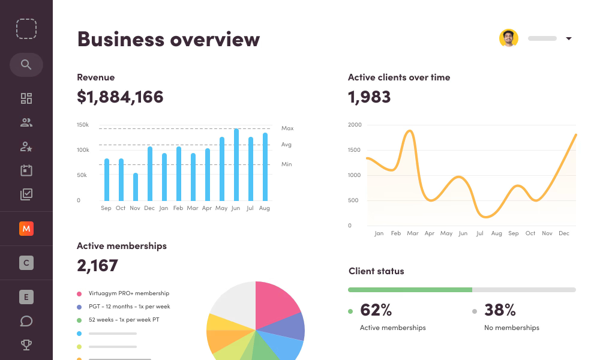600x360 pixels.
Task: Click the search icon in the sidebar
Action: click(x=26, y=65)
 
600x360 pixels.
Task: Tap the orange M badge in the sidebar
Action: click(x=26, y=229)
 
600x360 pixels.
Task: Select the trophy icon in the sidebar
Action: click(x=26, y=345)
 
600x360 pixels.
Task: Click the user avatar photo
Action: click(x=508, y=38)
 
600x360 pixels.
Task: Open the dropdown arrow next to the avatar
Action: click(x=569, y=39)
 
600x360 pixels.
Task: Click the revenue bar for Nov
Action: click(x=136, y=187)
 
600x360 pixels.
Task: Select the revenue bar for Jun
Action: click(x=236, y=165)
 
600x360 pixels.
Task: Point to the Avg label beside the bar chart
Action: click(x=287, y=145)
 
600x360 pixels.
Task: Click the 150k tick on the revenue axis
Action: click(x=83, y=125)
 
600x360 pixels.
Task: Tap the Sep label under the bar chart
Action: click(x=106, y=208)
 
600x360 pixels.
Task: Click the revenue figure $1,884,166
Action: click(x=120, y=97)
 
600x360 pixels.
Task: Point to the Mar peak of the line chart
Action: click(x=410, y=131)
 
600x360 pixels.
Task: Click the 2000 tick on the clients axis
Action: click(x=355, y=125)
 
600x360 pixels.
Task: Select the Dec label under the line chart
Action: click(x=563, y=233)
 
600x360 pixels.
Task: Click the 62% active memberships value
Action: click(x=376, y=310)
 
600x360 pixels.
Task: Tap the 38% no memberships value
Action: click(x=500, y=310)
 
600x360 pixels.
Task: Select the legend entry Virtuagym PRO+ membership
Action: click(x=129, y=293)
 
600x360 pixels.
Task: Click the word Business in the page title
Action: click(x=120, y=39)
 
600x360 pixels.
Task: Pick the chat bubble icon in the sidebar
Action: click(x=26, y=321)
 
